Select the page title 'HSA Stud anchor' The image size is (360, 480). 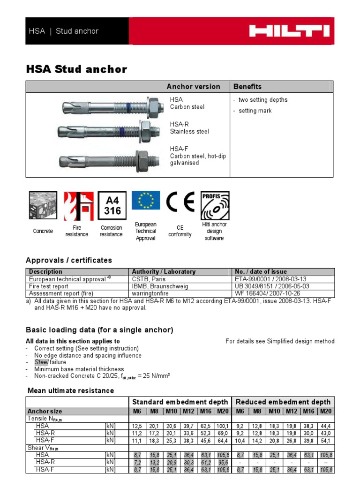(x=76, y=69)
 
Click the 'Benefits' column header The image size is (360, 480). (x=247, y=87)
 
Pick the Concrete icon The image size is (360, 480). (x=43, y=206)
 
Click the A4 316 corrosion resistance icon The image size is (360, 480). (x=112, y=206)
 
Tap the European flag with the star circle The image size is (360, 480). (x=146, y=201)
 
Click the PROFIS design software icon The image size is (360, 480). (x=214, y=205)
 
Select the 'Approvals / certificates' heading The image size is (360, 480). (x=69, y=260)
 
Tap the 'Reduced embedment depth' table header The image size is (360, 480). (x=283, y=402)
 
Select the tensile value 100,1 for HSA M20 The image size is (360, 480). (x=222, y=426)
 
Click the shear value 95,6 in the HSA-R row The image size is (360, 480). (x=222, y=462)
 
